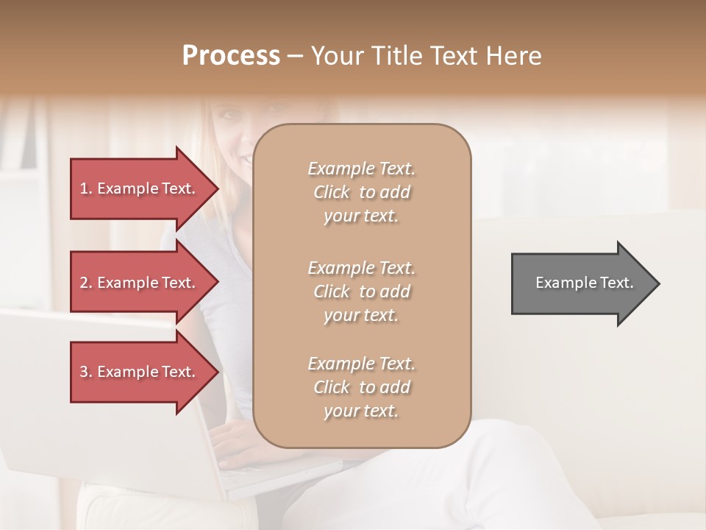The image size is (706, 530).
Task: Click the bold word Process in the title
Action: (231, 56)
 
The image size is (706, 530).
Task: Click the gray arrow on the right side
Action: (581, 283)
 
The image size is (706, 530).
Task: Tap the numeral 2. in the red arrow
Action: (86, 283)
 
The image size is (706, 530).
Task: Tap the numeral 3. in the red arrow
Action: (86, 372)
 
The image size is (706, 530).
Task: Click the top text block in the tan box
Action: (361, 192)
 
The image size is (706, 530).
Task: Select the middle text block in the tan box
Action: (361, 291)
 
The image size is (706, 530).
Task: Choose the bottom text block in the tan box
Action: (361, 387)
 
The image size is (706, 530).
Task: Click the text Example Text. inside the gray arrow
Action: (584, 283)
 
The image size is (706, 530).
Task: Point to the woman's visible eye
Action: (223, 116)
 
